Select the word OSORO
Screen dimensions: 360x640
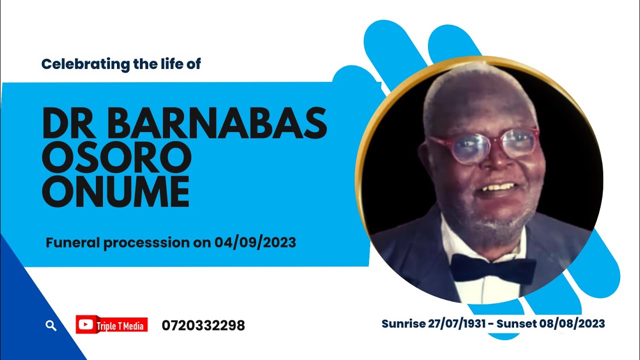[117, 158]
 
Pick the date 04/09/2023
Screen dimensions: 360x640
[255, 243]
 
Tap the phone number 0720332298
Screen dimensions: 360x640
[203, 325]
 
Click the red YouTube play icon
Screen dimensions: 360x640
[85, 325]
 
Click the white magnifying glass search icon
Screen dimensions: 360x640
[50, 326]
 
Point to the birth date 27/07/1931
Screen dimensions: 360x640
[457, 324]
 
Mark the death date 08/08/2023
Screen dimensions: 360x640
[572, 324]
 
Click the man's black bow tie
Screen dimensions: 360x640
[492, 269]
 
